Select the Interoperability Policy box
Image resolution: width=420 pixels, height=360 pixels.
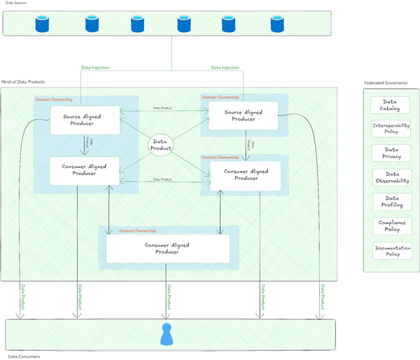(x=391, y=128)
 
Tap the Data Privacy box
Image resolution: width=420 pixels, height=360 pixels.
(x=391, y=153)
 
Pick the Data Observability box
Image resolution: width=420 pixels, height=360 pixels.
(x=391, y=177)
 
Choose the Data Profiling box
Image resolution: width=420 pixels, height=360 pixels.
(x=391, y=202)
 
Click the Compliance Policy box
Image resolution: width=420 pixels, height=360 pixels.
(x=391, y=226)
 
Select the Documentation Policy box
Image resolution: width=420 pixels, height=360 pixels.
(x=391, y=251)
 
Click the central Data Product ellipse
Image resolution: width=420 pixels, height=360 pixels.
(x=161, y=146)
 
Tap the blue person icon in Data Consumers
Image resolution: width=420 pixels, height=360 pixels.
(x=167, y=335)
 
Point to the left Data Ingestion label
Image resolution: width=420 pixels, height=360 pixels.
(x=95, y=67)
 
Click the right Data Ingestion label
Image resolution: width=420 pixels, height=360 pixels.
(x=225, y=67)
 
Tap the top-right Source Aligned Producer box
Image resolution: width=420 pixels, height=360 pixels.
(x=243, y=116)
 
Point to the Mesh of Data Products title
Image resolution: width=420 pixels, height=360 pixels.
(x=23, y=82)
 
